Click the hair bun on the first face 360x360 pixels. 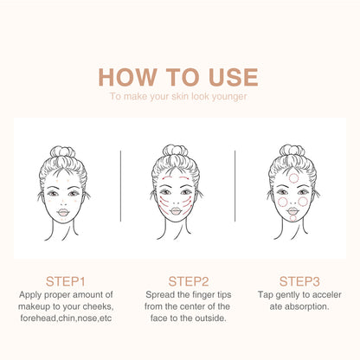tap(63, 153)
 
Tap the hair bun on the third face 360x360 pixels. tap(292, 152)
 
